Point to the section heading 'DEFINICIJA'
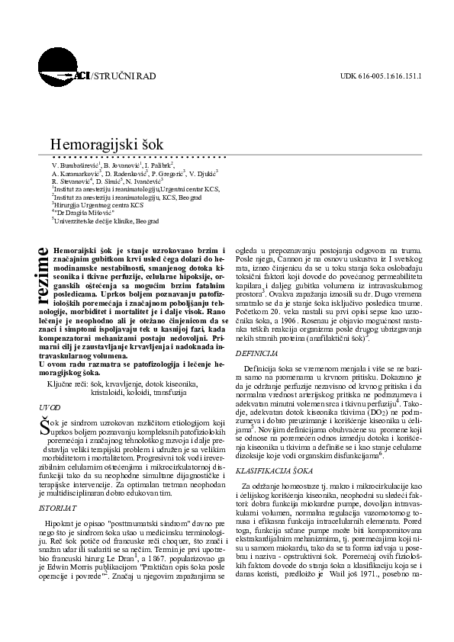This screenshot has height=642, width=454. point(256,355)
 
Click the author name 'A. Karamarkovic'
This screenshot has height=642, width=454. point(76,174)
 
